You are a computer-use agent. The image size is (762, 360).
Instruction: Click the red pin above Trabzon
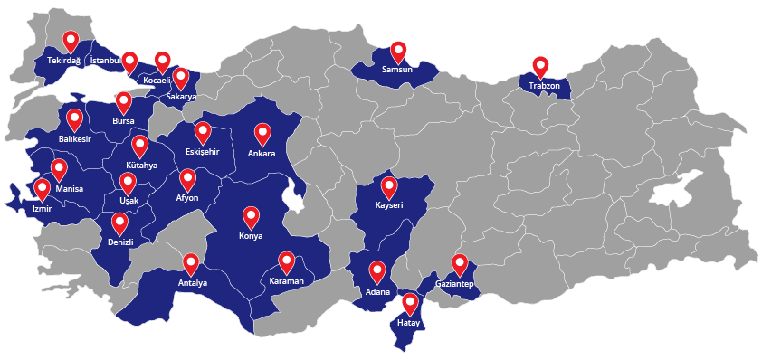point(540,65)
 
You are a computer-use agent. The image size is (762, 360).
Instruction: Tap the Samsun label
point(397,69)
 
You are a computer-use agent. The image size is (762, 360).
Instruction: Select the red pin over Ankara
point(262,133)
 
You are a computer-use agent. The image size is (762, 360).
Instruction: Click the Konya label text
point(251,236)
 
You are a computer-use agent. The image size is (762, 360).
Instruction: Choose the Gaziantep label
point(454,285)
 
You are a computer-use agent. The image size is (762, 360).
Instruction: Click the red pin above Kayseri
point(389,186)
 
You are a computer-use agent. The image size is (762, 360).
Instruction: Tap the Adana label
point(377,291)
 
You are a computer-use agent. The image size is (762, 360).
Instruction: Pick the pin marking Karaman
point(287,261)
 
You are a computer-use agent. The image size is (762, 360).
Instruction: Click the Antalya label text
point(192,283)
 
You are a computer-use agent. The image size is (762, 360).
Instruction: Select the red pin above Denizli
point(119,223)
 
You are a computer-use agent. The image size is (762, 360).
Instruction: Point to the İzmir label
point(43,207)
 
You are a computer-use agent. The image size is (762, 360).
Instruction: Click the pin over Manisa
point(59,168)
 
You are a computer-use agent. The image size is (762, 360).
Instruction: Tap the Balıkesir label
point(74,138)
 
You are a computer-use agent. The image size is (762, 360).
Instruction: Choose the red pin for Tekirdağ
point(71,41)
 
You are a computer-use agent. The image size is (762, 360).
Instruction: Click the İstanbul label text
point(105,61)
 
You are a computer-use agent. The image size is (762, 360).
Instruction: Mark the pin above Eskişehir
point(203,132)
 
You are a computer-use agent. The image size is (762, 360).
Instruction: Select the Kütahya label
point(142,166)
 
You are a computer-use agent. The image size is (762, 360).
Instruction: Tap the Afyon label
point(187,198)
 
